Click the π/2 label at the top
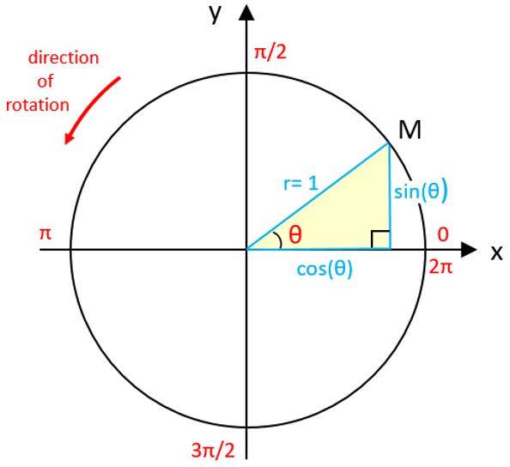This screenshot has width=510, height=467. (270, 52)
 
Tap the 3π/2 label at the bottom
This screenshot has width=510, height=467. (213, 451)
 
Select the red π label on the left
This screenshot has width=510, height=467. (46, 233)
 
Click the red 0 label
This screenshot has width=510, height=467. (443, 234)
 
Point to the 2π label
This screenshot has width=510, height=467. (440, 267)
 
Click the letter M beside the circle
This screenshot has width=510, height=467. (410, 130)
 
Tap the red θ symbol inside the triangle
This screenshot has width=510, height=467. (295, 234)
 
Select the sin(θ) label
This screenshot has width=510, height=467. (421, 191)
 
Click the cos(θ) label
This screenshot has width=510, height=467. (325, 269)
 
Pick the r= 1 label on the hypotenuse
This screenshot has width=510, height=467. (301, 185)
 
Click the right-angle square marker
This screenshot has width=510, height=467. (380, 240)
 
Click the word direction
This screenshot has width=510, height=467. (64, 58)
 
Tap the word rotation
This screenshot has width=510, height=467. (38, 106)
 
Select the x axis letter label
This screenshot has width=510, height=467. (496, 252)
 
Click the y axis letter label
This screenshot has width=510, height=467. (215, 14)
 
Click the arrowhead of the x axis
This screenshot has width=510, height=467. (469, 250)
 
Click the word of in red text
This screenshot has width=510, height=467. (46, 81)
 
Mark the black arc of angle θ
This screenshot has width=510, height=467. (279, 240)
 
